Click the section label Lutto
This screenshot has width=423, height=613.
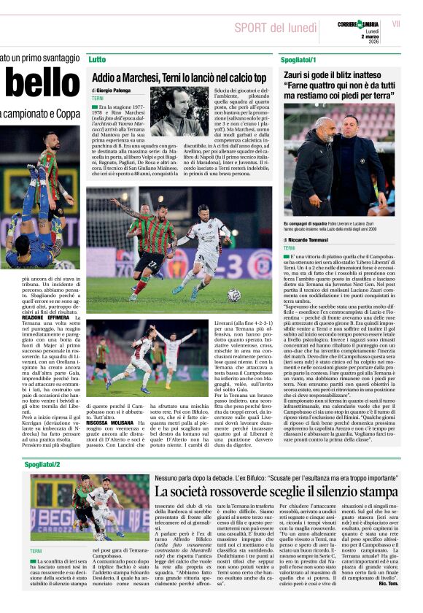[x=96, y=58]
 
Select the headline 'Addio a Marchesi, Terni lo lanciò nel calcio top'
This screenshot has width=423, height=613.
[x=179, y=77]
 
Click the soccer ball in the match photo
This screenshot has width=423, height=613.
[x=233, y=295]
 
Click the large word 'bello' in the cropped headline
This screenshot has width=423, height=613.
[x=37, y=86]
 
